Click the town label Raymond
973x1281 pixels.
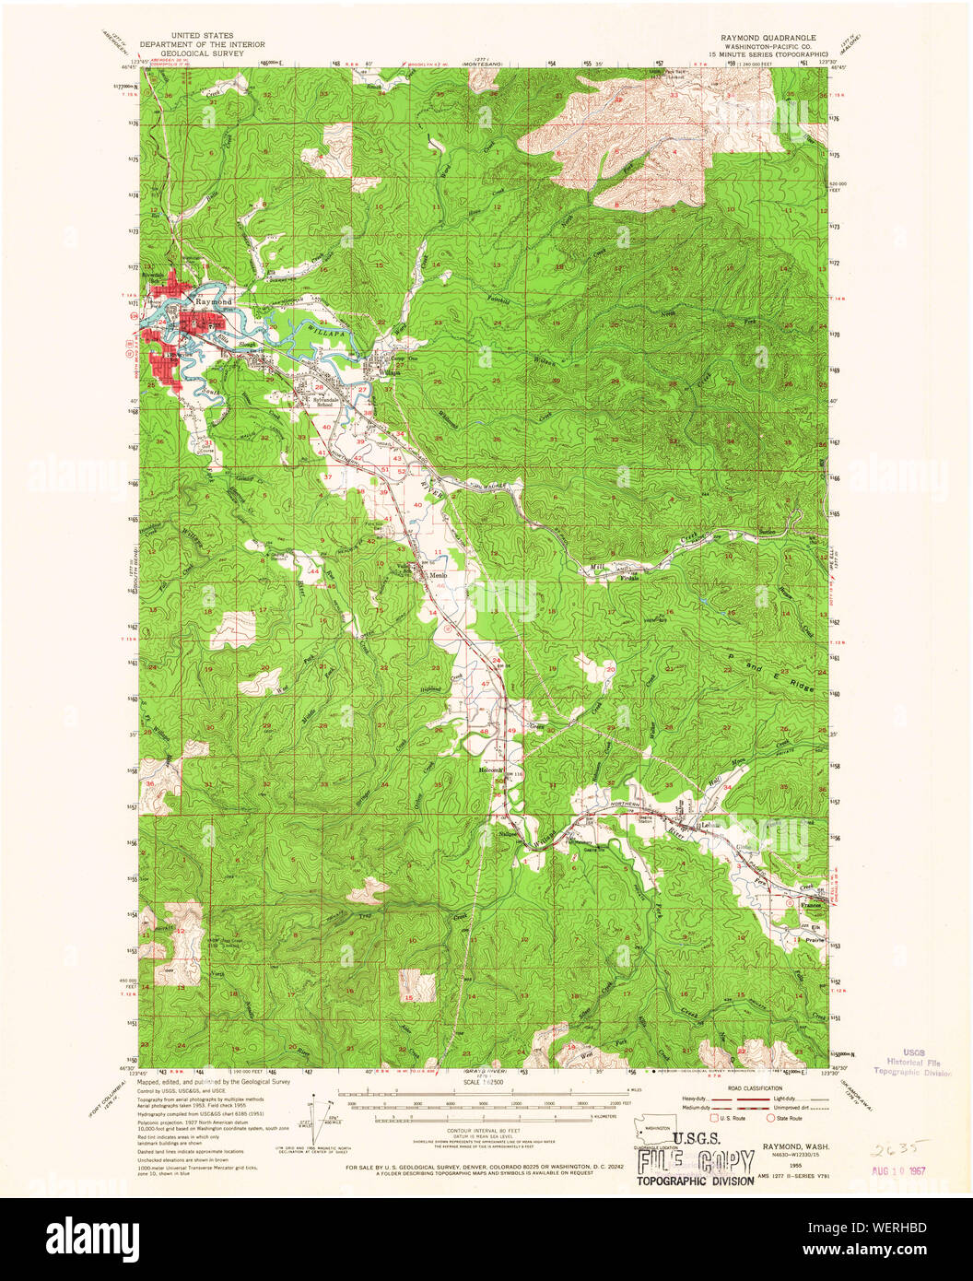tap(214, 301)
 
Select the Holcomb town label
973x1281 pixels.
tap(490, 770)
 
